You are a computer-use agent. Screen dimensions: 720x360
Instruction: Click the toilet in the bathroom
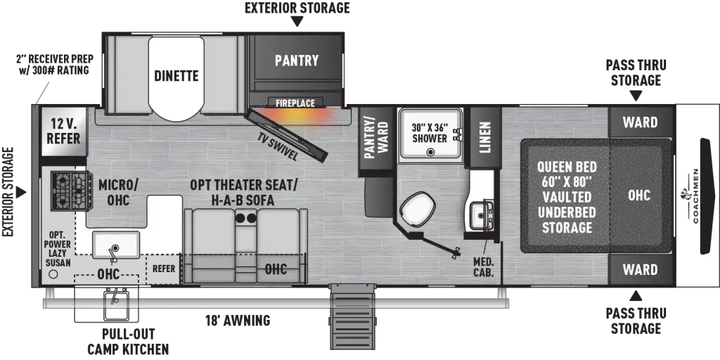click(417, 210)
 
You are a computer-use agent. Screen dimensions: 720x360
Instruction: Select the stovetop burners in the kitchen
click(70, 191)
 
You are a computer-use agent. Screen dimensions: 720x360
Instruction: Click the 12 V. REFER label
click(64, 131)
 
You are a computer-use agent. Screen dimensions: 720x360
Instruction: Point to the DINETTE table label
click(176, 75)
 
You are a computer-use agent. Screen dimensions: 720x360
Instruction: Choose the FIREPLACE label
click(295, 103)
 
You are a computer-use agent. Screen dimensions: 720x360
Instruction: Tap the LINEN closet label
click(485, 137)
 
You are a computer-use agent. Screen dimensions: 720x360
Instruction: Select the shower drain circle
click(430, 152)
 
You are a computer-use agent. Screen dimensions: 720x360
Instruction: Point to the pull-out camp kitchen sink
click(115, 303)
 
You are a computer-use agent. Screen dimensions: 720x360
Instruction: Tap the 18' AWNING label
click(238, 320)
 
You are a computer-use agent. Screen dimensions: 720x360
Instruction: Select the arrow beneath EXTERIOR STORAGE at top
click(297, 21)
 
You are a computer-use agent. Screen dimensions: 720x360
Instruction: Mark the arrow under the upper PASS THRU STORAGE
click(636, 96)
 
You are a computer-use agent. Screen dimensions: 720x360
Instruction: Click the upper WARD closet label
click(640, 122)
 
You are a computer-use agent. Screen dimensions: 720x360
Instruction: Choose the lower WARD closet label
click(640, 269)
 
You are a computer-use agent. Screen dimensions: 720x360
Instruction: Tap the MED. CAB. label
click(484, 266)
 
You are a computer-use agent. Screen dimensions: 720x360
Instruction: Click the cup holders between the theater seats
click(246, 218)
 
